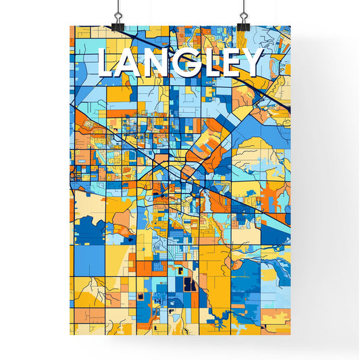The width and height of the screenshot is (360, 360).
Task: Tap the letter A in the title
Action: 132,63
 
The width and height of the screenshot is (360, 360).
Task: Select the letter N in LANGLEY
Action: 158,63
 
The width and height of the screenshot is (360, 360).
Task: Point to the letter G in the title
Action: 186,63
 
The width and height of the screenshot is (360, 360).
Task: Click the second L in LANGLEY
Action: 209,63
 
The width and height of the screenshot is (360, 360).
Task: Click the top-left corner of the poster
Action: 70,26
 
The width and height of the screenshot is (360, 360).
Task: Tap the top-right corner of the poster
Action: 290,26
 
